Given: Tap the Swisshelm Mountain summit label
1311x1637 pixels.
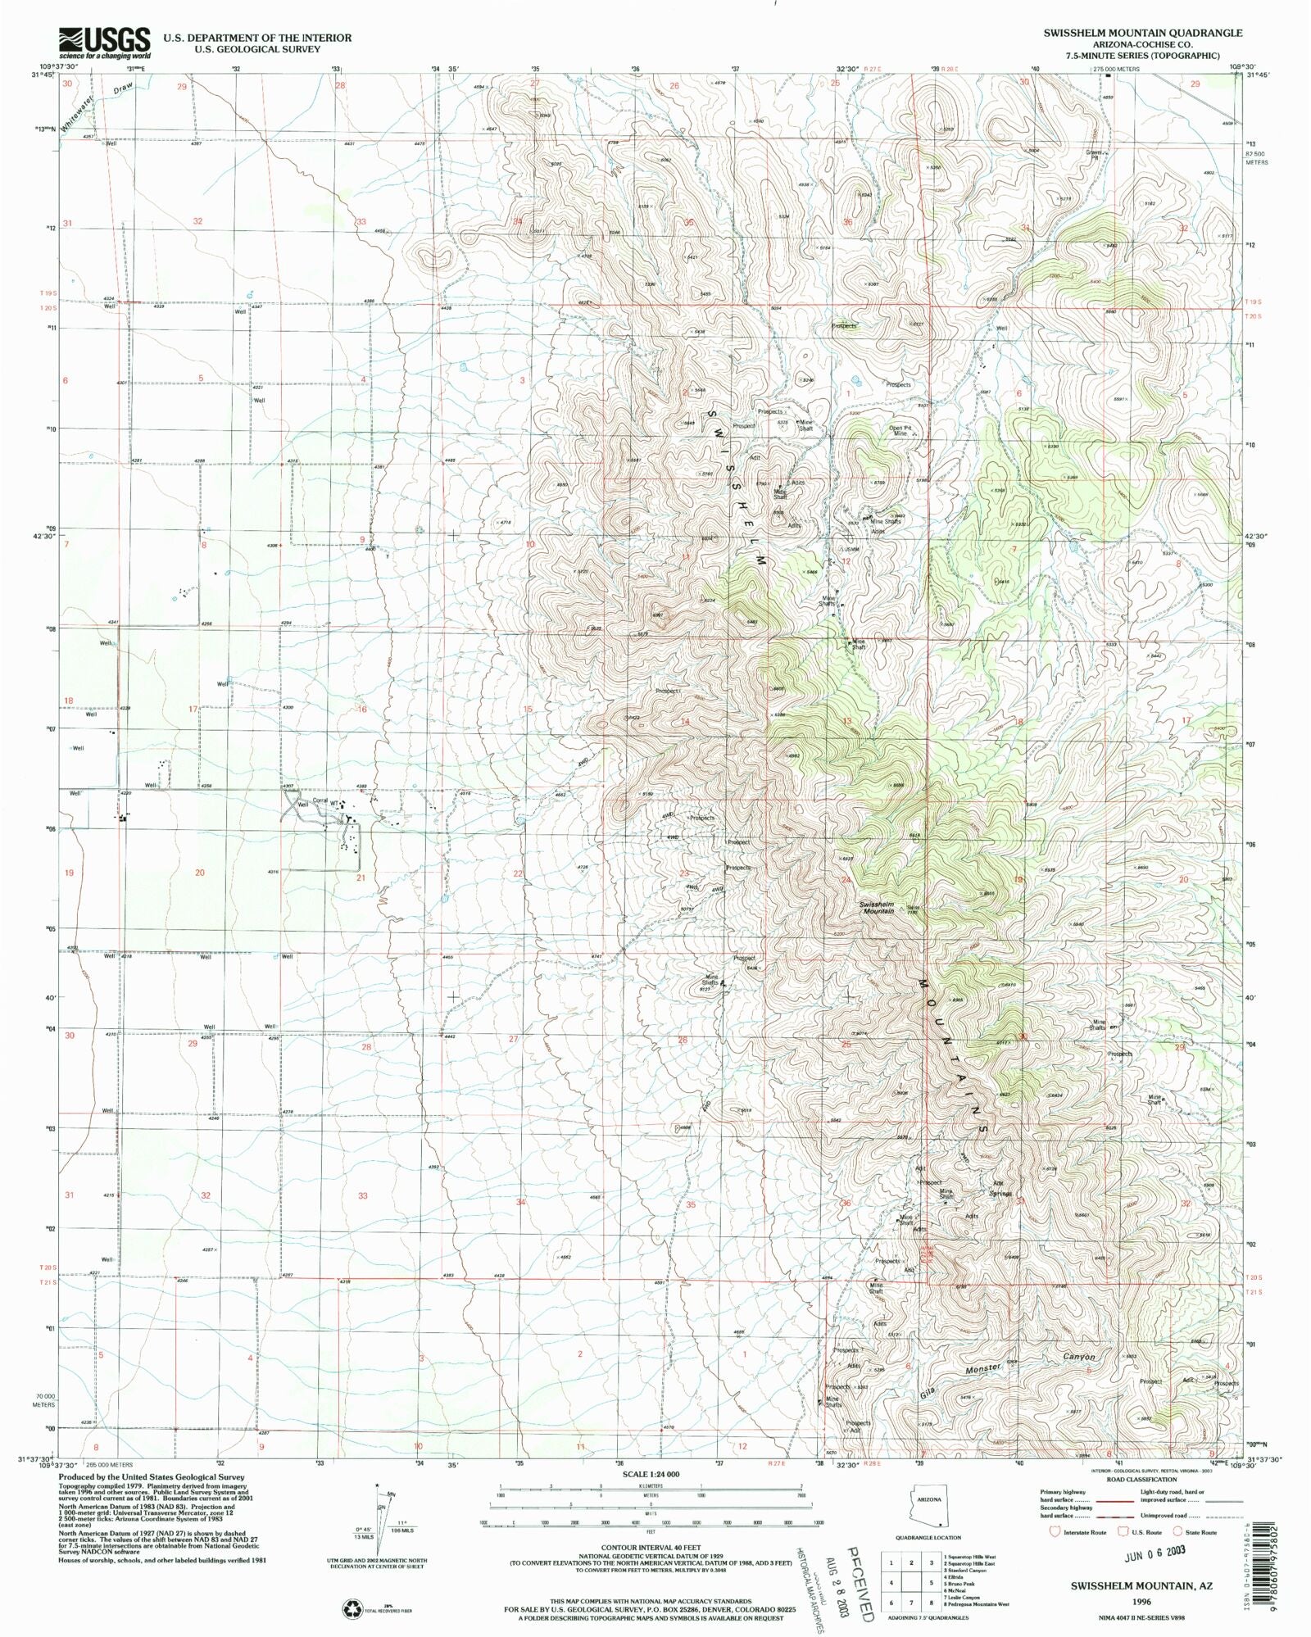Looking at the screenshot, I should pos(877,907).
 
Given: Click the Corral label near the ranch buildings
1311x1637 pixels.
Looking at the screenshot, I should pos(320,800).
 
